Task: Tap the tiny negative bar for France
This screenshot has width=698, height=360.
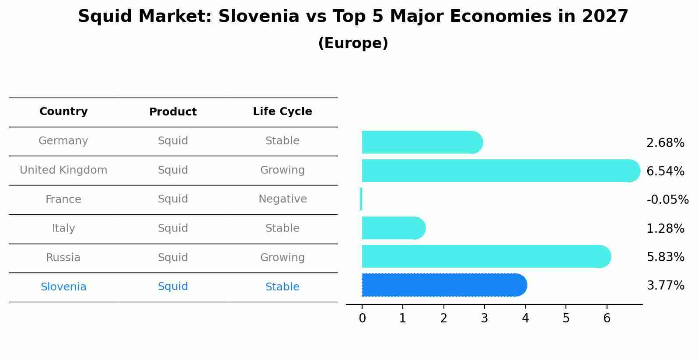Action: click(x=361, y=199)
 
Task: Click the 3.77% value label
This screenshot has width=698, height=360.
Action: click(x=665, y=286)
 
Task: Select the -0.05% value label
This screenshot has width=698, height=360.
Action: click(x=667, y=199)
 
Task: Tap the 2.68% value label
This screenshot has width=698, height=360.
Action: click(x=665, y=143)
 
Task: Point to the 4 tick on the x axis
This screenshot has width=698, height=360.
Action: click(x=525, y=318)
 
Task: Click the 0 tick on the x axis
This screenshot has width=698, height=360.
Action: click(x=362, y=318)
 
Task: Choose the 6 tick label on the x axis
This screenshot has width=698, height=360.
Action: click(x=607, y=318)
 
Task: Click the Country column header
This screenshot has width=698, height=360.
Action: click(x=63, y=112)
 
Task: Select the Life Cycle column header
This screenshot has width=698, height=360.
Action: click(x=283, y=112)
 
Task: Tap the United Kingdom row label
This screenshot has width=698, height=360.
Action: click(x=63, y=170)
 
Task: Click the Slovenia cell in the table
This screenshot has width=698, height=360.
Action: click(x=63, y=287)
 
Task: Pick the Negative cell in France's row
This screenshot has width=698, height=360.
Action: click(x=283, y=199)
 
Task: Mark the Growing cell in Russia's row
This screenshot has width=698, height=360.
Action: click(x=283, y=258)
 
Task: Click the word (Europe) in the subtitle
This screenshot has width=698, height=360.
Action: click(x=353, y=43)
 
